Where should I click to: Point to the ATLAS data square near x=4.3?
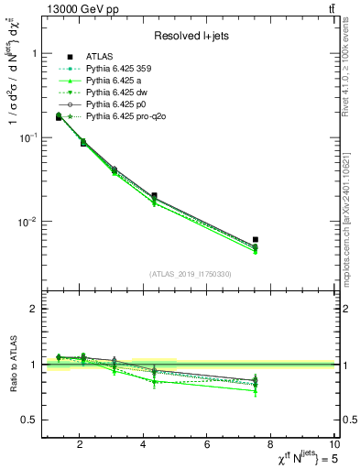[154, 195]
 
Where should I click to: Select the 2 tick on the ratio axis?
[34, 310]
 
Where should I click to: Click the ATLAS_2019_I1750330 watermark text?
[191, 274]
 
